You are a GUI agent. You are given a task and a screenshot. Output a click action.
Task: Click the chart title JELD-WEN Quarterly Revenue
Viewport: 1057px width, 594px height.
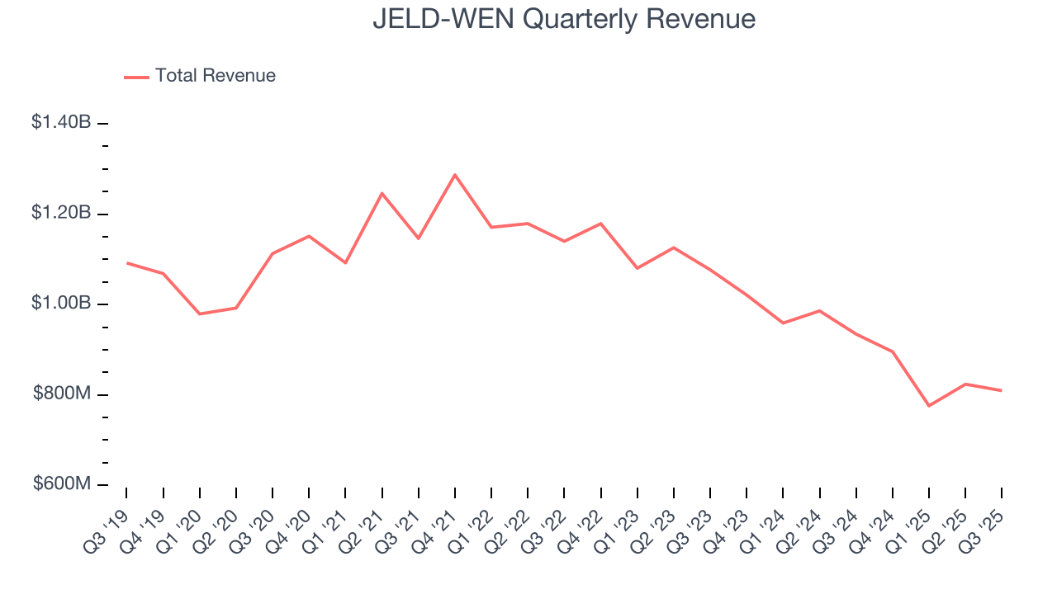[x=564, y=18]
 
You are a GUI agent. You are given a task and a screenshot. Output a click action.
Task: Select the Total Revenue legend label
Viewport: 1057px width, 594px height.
[x=215, y=76]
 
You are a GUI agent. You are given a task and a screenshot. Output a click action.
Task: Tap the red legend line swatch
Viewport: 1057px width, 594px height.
[x=136, y=77]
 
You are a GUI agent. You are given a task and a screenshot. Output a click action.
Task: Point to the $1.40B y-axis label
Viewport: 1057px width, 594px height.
[x=61, y=122]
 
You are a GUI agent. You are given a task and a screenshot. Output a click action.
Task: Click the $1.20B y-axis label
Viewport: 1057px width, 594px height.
[x=61, y=213]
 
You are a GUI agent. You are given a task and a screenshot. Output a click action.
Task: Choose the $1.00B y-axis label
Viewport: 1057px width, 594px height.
[x=61, y=303]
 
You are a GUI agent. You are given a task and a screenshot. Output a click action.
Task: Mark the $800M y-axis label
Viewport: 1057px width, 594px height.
[x=62, y=394]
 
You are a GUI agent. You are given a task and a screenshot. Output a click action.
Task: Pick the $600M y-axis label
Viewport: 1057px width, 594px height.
[x=62, y=483]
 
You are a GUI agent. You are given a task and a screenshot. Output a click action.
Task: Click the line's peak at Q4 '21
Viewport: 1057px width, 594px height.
[x=455, y=174]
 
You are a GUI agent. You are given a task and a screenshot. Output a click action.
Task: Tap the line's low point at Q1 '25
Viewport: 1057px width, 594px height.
[x=929, y=406]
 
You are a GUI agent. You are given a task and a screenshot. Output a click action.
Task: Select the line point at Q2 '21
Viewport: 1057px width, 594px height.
[x=382, y=193]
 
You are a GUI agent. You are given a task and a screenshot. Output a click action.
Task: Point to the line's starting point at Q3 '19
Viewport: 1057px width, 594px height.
[x=126, y=262]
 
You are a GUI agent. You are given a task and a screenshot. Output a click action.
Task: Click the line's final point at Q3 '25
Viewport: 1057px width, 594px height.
[x=1002, y=390]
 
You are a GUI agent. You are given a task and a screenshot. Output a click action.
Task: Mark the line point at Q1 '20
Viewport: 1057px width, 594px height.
[x=200, y=313]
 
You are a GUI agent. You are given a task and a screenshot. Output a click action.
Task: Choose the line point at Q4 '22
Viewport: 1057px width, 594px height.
[x=600, y=224]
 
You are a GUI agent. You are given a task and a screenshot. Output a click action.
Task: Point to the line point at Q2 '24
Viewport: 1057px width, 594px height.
[x=819, y=311]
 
